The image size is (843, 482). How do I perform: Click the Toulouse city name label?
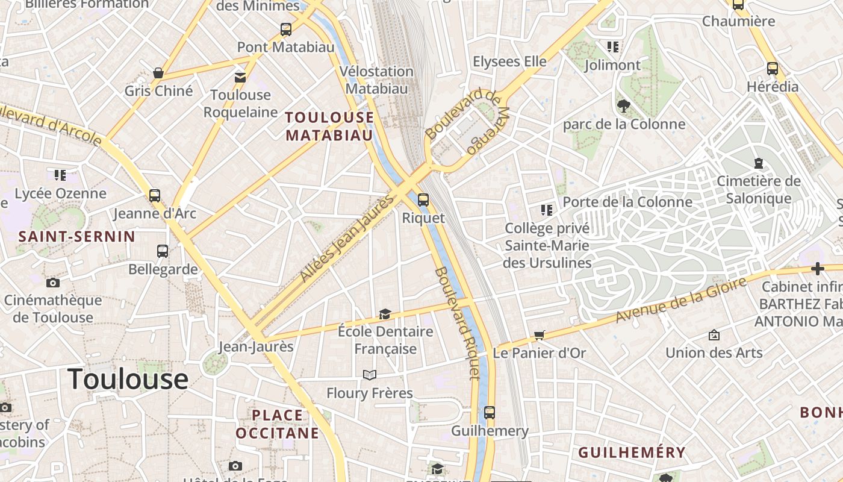(x=128, y=379)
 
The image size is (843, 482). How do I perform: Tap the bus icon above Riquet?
(x=423, y=200)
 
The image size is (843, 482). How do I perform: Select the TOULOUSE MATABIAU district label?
(x=329, y=126)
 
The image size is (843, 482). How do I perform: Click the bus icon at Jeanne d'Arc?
(x=155, y=196)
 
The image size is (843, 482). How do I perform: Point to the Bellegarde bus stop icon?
(x=163, y=251)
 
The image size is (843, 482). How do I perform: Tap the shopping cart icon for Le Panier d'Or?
(x=539, y=335)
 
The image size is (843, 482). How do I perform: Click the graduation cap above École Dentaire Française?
(x=385, y=314)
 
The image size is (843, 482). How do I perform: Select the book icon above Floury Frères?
(x=370, y=375)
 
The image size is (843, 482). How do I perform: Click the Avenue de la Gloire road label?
(x=680, y=299)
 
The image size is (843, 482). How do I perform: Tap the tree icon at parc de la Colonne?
(x=624, y=106)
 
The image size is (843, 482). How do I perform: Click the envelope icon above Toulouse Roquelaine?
(x=240, y=77)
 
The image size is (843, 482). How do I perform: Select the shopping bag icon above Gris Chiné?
(x=158, y=73)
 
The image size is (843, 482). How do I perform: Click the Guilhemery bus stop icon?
(x=490, y=413)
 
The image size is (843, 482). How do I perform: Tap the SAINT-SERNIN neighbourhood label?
(x=77, y=236)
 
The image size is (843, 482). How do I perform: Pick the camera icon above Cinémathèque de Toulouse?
(x=53, y=283)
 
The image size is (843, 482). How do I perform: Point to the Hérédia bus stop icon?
(x=773, y=69)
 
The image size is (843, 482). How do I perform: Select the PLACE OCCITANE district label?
(x=278, y=424)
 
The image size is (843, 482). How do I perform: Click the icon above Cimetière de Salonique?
(x=759, y=163)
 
